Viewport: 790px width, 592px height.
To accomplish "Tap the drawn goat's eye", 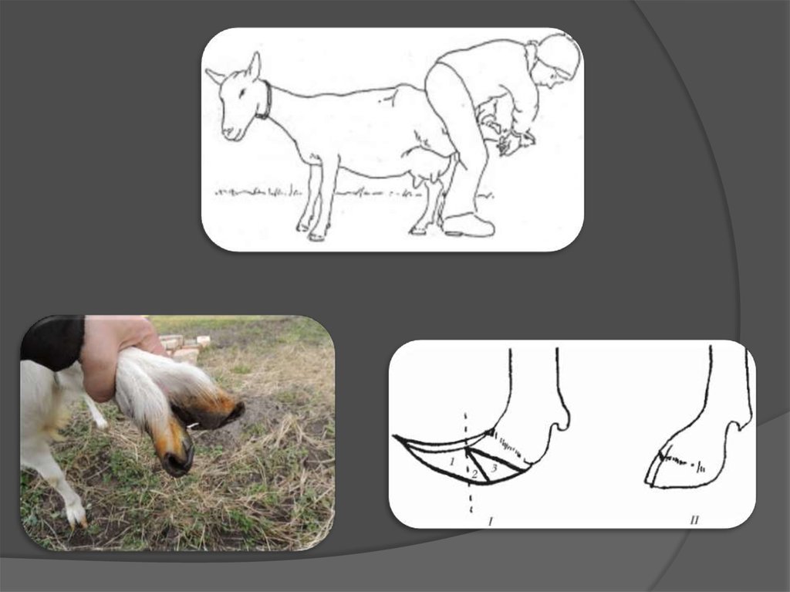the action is (x=241, y=93).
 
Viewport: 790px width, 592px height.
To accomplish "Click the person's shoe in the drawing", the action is (x=468, y=225).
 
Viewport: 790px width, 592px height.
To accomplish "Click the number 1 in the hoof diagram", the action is (x=452, y=461).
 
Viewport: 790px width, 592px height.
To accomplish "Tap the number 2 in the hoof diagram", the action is (x=474, y=473).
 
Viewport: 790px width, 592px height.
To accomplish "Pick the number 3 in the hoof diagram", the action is (x=495, y=469).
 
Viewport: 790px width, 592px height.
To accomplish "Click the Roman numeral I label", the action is (x=490, y=520).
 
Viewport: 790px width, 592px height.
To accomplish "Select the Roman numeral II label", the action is (x=694, y=520).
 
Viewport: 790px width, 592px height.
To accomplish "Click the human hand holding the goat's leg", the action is (x=115, y=352).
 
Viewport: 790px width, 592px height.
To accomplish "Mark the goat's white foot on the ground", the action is (x=76, y=513).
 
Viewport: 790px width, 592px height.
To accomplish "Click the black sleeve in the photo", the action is (x=52, y=342).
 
